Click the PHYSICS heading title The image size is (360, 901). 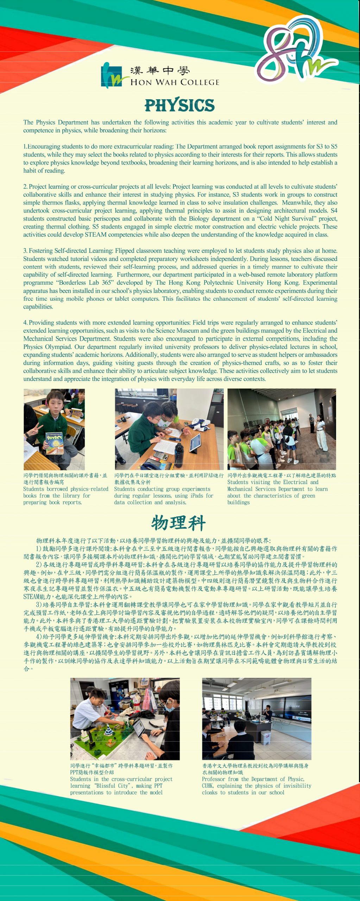pyautogui.click(x=179, y=105)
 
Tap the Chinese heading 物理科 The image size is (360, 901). pyautogui.click(x=178, y=523)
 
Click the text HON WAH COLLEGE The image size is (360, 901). pyautogui.click(x=175, y=82)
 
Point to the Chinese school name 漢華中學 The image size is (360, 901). pyautogui.click(x=160, y=71)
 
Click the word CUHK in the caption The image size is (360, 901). pyautogui.click(x=208, y=786)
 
